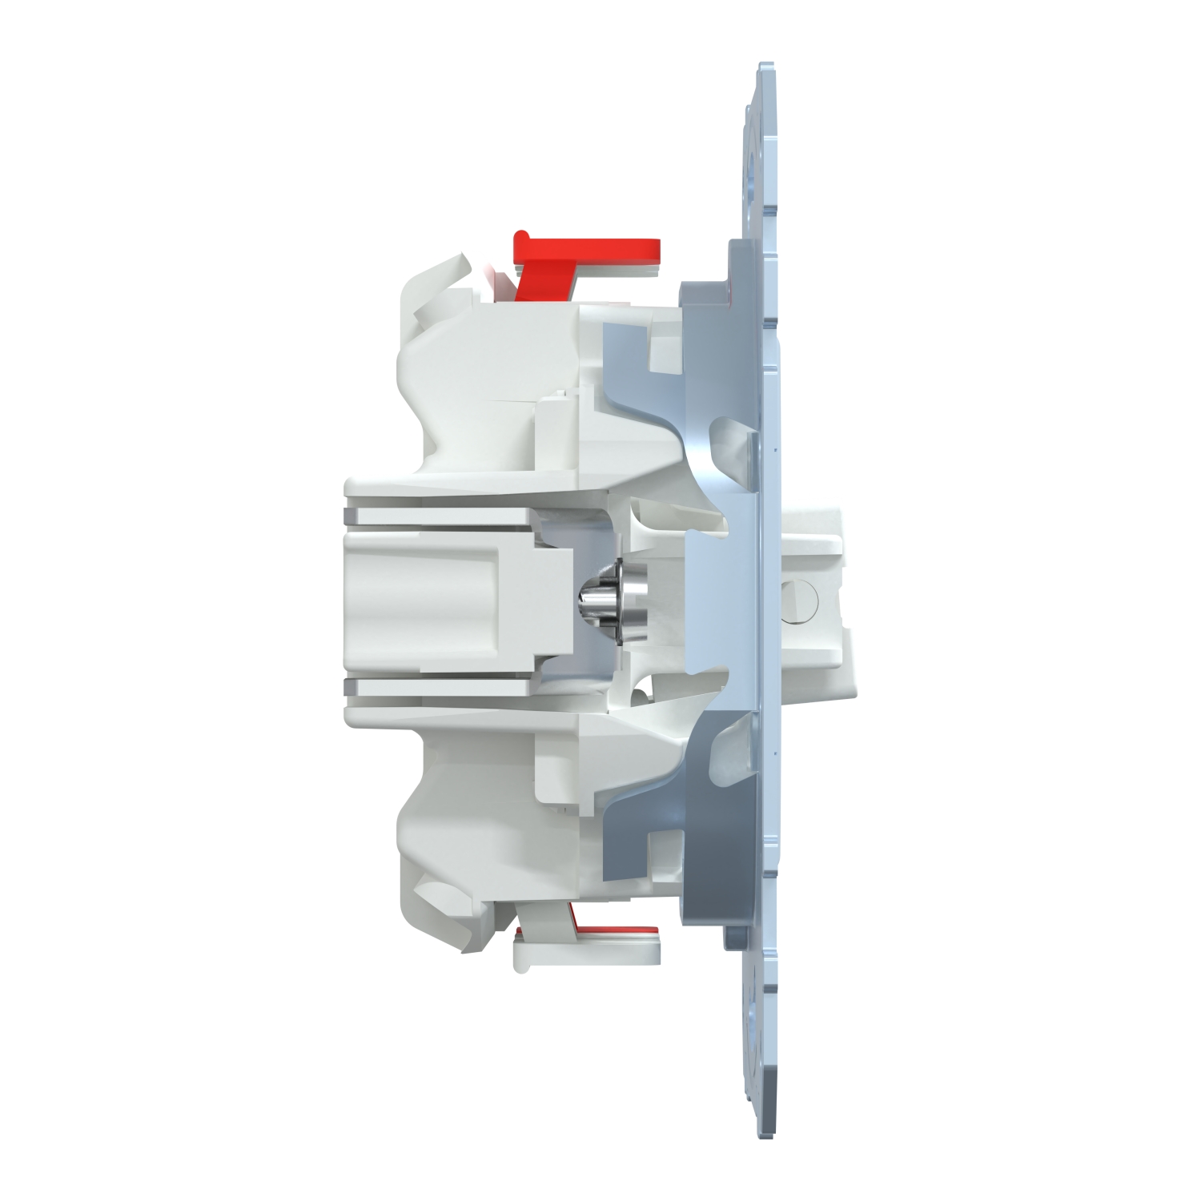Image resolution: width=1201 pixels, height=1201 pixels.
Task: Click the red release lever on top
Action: coord(592,248)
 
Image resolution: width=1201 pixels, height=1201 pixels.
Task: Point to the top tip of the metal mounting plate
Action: coord(765,68)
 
